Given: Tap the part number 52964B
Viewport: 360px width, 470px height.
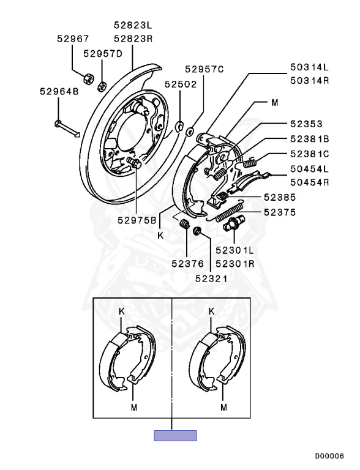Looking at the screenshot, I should tap(59, 92).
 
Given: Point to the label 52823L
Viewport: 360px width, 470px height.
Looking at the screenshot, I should tap(132, 25).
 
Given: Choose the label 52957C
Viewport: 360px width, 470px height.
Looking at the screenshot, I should tap(204, 70).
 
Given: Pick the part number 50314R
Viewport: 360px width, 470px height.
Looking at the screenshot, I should tap(309, 80).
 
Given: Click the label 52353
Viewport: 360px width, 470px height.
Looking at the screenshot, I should tap(306, 124).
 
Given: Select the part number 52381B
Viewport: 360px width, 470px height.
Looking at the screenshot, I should tap(309, 139).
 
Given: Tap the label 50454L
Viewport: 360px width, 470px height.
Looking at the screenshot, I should tap(309, 168).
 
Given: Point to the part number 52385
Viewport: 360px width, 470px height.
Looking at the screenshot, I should tap(280, 198).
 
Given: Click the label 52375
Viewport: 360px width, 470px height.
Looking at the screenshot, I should tap(280, 212).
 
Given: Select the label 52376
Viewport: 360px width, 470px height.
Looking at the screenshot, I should tap(187, 264).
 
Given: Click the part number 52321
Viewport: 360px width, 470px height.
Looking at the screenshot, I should tap(212, 278).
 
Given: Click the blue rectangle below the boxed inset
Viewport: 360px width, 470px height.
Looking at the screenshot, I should tap(175, 436).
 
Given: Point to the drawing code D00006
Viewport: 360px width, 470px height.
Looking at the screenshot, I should tap(329, 456).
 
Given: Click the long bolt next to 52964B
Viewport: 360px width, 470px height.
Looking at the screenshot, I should tap(67, 127).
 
